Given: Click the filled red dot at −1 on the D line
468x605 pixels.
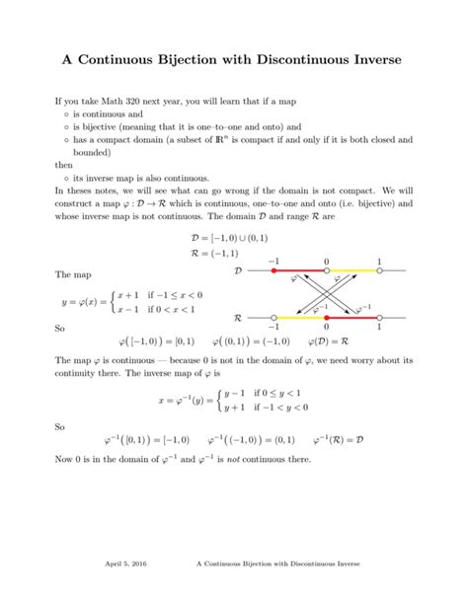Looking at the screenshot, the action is [273, 270].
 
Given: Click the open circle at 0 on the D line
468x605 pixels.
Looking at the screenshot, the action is [326, 270].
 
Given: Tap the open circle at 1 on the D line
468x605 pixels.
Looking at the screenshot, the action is [379, 270].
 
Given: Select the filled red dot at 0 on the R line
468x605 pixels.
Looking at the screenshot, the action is [326, 318].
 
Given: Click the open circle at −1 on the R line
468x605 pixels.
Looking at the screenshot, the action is [273, 318].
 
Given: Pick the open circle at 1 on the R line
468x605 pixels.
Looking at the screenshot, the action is [379, 318].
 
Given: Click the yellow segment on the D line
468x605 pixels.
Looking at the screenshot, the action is [352, 270].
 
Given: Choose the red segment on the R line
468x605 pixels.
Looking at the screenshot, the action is [352, 318].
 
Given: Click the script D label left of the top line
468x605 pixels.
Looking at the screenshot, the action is [236, 270].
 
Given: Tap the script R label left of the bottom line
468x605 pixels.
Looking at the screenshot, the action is [237, 318].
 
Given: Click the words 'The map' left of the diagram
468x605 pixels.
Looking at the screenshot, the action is [72, 274].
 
